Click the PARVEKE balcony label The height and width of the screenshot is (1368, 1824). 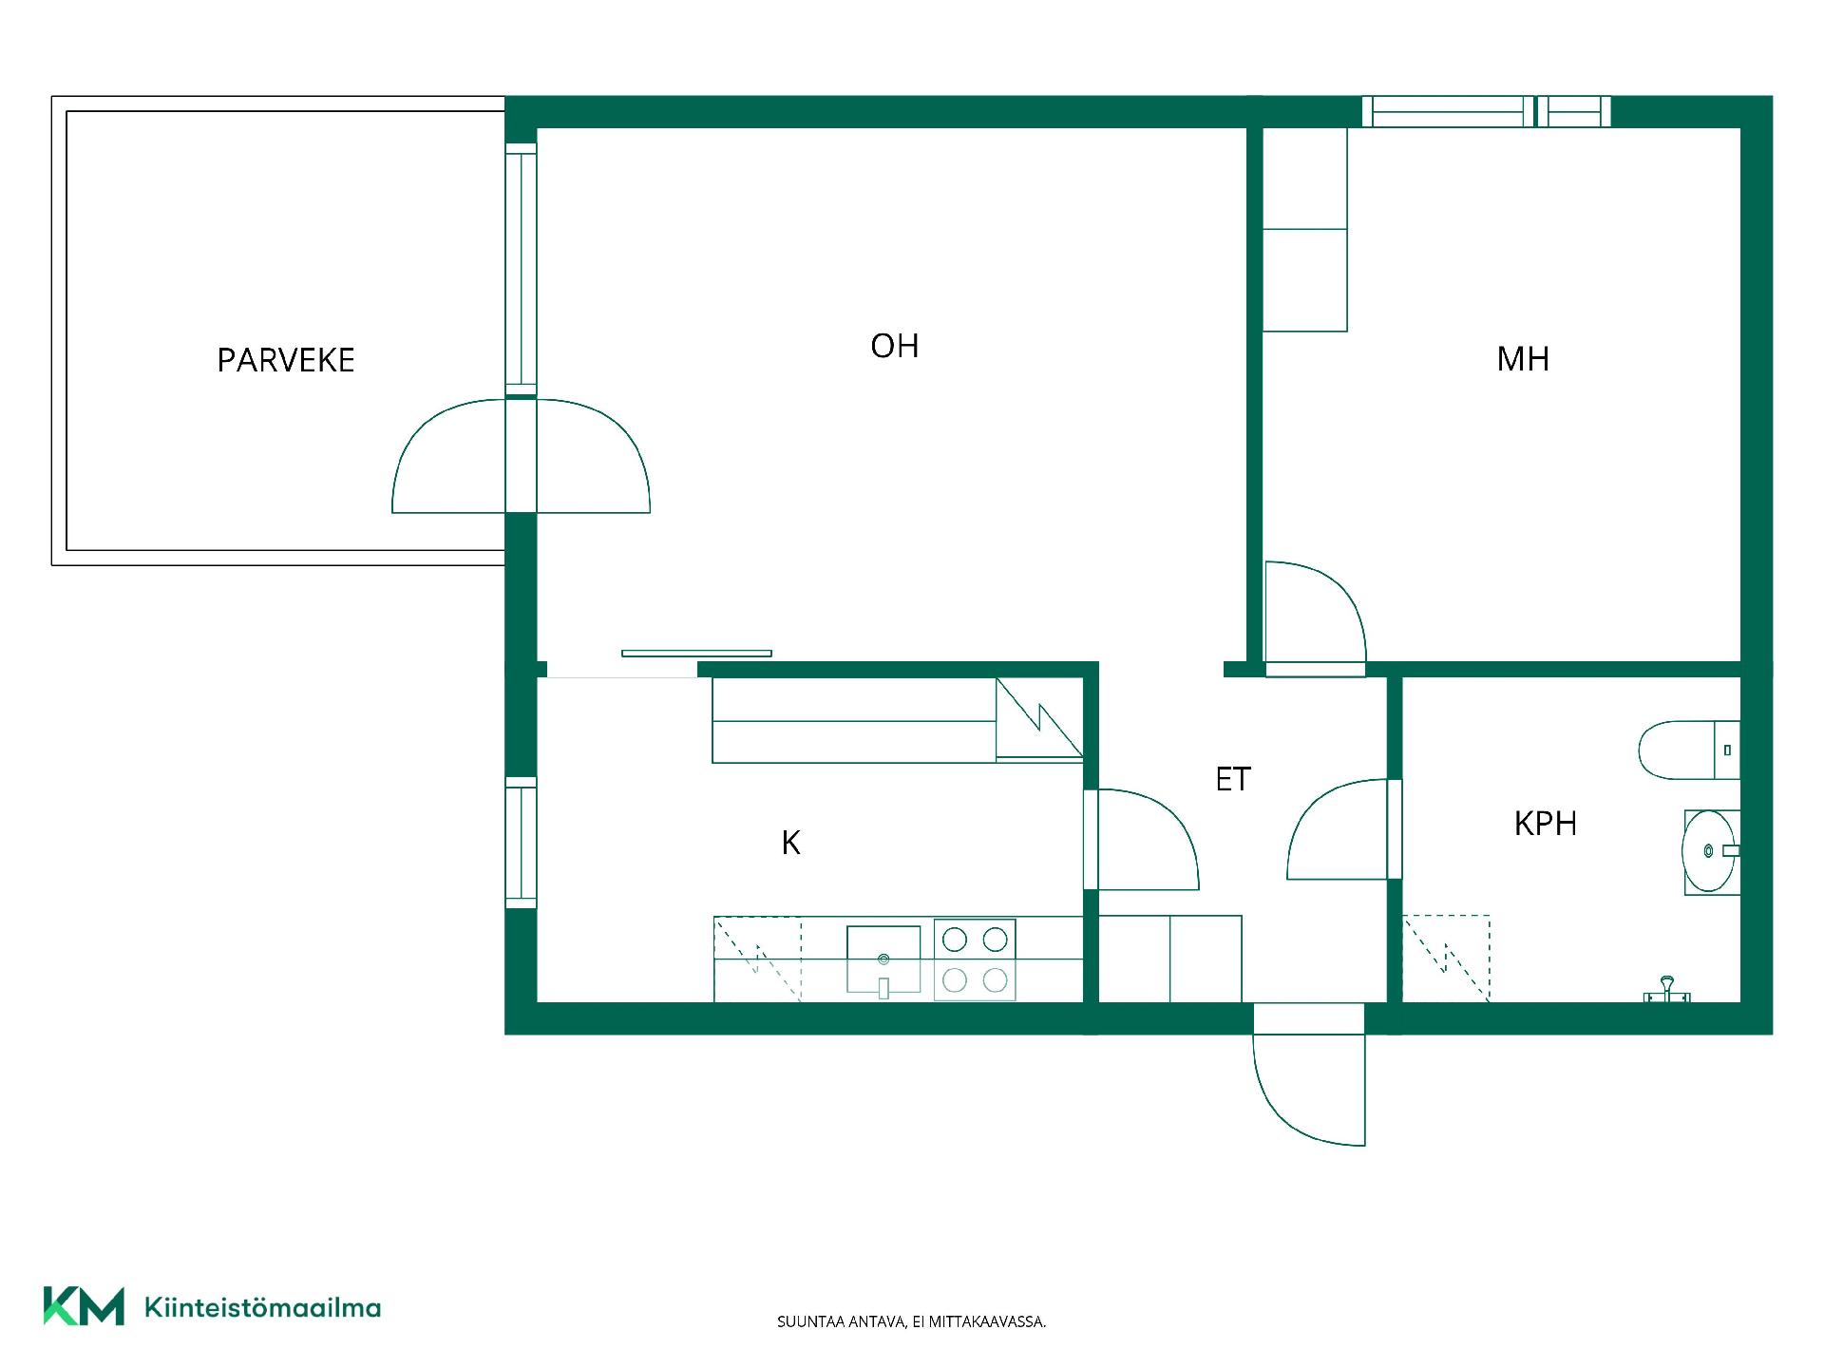point(286,360)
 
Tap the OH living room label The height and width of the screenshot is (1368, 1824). point(895,346)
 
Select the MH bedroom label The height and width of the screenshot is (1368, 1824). point(1523,359)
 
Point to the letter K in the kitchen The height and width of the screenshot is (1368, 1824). point(790,843)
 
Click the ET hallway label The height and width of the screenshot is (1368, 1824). point(1233,779)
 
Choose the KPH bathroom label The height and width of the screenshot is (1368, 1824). point(1546,824)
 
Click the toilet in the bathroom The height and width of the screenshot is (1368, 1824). point(1689,750)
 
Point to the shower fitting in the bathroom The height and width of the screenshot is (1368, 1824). point(1667,990)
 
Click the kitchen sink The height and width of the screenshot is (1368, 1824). point(883,960)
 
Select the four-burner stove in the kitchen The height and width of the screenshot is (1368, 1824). point(975,959)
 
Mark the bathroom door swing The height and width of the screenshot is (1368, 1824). point(1338,829)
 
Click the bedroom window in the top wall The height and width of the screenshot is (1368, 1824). point(1487,112)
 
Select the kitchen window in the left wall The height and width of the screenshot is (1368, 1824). point(521,843)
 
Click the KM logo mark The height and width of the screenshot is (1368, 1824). point(84,1306)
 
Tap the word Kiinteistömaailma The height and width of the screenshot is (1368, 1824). point(262,1307)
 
